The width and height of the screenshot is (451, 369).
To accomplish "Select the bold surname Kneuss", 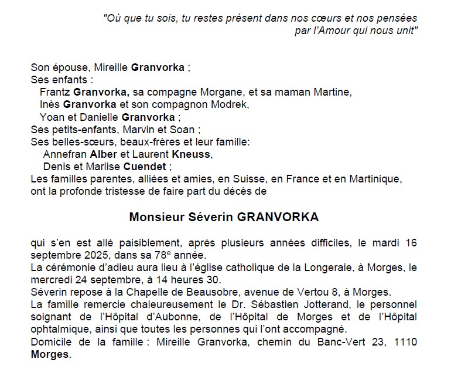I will (190, 154).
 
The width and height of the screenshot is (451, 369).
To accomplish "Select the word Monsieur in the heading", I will (153, 217).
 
